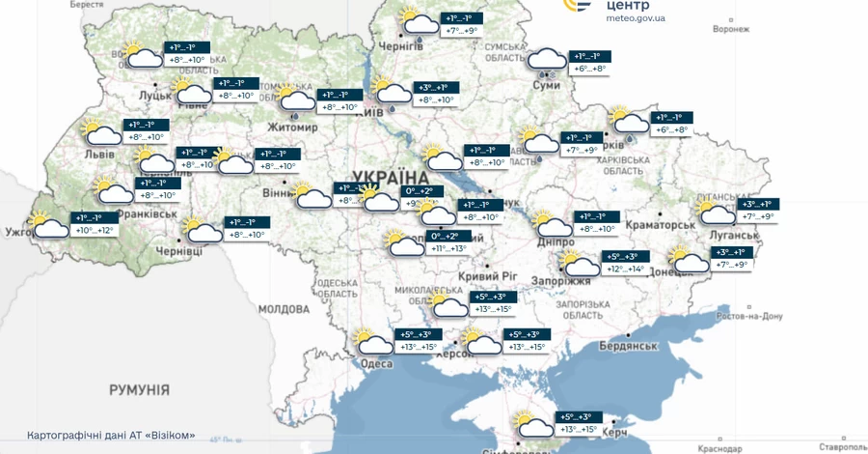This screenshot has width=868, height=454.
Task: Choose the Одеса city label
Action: tap(376, 364)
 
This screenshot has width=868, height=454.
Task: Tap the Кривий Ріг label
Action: tap(484, 275)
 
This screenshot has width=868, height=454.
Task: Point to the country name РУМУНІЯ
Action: tap(139, 390)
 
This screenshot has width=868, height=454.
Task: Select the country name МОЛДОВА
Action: tap(283, 309)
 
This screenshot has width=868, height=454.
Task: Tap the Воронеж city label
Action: tap(730, 29)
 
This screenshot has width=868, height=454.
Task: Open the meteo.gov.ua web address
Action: tap(635, 18)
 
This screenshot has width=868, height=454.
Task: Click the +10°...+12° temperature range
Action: tap(95, 230)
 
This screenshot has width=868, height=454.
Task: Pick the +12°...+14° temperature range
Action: tap(624, 269)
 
